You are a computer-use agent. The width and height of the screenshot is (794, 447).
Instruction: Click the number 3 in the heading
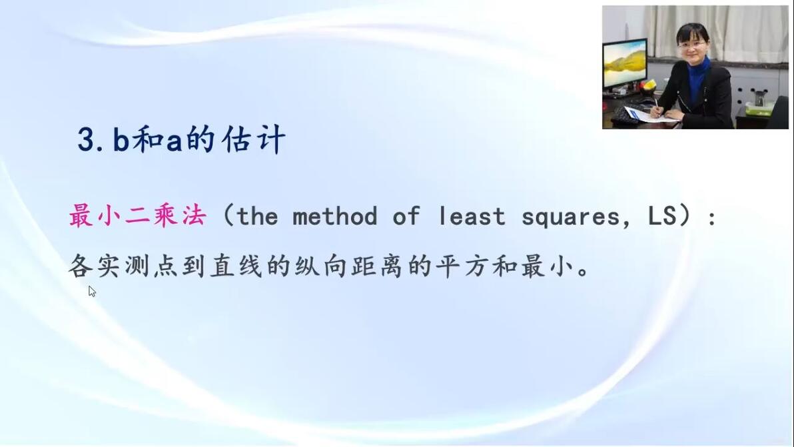[87, 140]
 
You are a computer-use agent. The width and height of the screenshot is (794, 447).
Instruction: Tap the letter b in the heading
[121, 139]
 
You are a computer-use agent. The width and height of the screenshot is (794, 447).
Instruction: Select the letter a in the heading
[175, 142]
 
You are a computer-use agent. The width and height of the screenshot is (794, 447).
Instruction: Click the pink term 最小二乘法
[138, 216]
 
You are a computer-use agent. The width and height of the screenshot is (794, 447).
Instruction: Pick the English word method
[335, 217]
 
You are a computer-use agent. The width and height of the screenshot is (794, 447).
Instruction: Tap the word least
[472, 217]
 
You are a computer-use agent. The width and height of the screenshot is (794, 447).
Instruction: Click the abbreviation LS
[662, 216]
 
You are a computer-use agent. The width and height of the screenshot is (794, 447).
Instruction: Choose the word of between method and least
[406, 216]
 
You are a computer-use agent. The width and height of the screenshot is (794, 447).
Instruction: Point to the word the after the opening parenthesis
[256, 217]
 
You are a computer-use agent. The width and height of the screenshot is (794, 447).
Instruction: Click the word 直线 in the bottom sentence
[236, 266]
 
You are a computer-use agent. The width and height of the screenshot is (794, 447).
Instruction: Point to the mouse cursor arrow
[92, 291]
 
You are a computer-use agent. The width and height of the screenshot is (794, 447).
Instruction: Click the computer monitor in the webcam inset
[625, 64]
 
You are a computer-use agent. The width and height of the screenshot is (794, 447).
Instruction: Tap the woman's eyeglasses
[692, 45]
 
